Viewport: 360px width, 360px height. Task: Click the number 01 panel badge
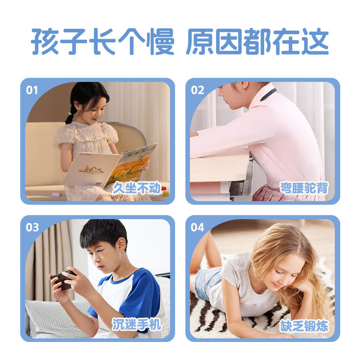pyautogui.click(x=32, y=90)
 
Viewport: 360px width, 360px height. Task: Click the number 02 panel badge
pyautogui.click(x=198, y=90)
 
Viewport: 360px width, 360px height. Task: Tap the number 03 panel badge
pyautogui.click(x=32, y=227)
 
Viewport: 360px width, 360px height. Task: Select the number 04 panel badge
pyautogui.click(x=198, y=227)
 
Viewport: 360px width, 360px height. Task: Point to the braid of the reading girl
pyautogui.click(x=70, y=115)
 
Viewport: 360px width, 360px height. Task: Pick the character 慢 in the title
pyautogui.click(x=160, y=42)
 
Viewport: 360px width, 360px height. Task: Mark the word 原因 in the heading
pyautogui.click(x=215, y=42)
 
